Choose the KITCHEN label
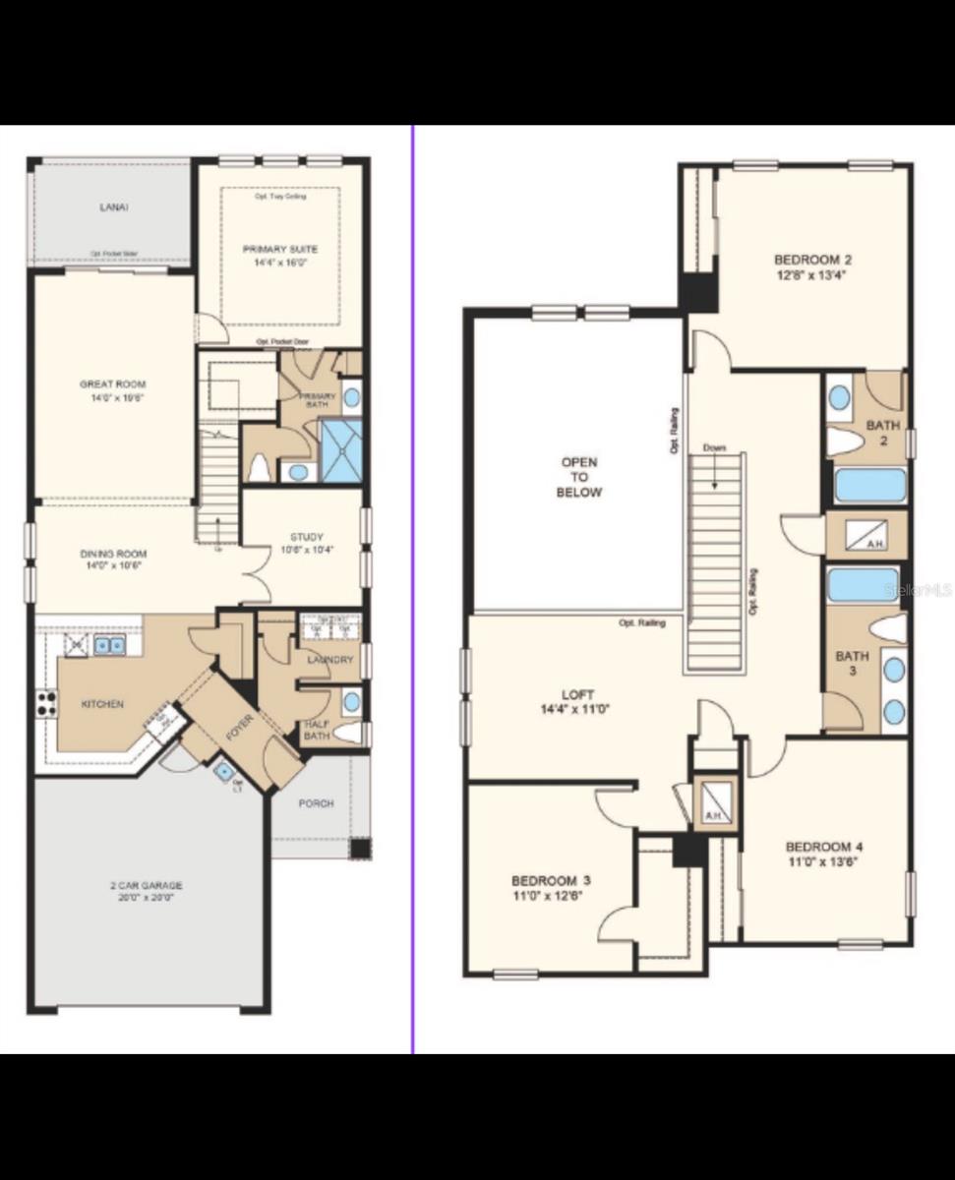click(102, 704)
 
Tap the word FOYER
click(241, 733)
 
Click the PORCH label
click(316, 803)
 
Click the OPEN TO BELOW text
click(579, 477)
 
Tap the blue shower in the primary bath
click(341, 450)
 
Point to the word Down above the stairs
click(714, 448)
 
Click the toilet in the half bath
click(347, 733)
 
